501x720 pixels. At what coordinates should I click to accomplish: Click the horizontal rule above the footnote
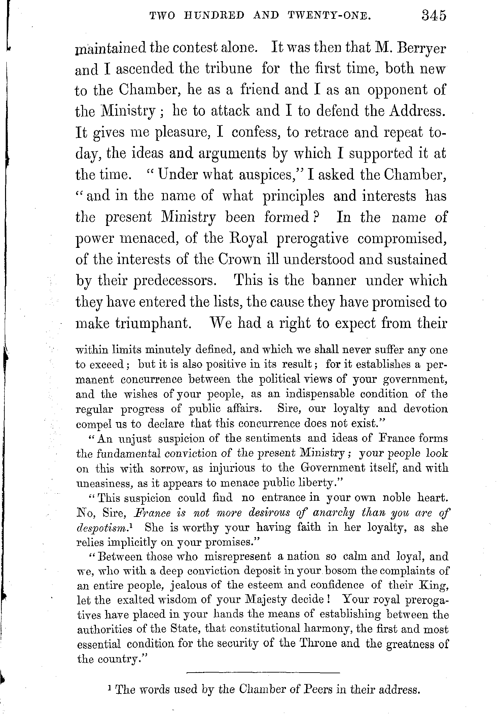click(x=263, y=673)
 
